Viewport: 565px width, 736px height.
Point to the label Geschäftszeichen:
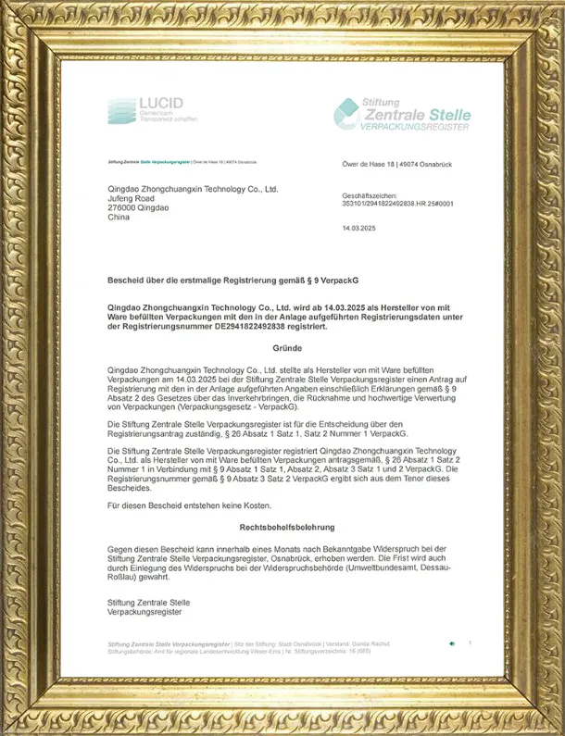370,195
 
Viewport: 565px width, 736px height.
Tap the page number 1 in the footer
470,642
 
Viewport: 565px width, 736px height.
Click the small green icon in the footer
451,642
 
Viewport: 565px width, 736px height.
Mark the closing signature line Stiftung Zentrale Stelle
148,603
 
